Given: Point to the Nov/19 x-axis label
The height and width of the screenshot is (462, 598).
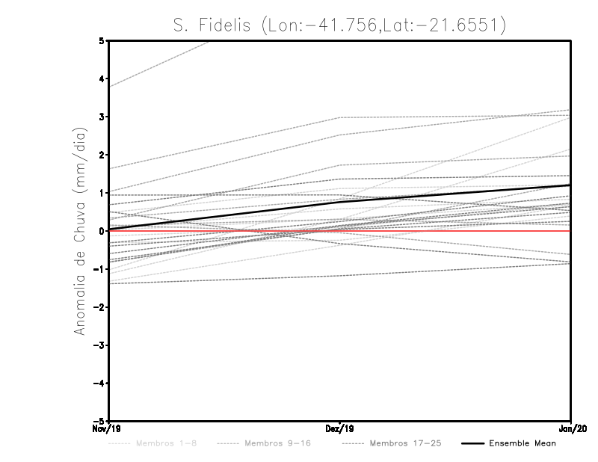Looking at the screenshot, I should (x=100, y=429).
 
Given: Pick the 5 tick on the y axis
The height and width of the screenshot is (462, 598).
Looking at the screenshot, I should (x=101, y=40).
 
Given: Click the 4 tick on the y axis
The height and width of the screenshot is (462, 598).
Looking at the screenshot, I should (x=101, y=78).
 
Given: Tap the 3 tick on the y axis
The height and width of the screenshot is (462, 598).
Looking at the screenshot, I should (x=101, y=117).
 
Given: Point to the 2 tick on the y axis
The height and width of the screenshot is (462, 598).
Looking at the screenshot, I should (x=101, y=155).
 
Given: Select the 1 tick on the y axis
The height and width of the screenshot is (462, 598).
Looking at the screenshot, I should (x=101, y=193).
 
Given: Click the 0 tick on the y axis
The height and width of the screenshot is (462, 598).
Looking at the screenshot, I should (x=101, y=231).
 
